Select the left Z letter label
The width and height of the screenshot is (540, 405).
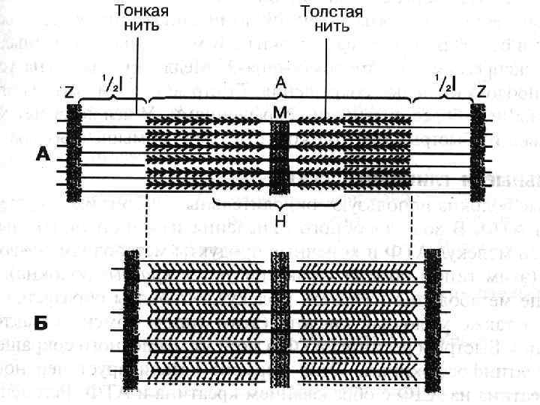pos(69,93)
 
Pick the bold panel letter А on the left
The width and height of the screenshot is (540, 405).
pos(43,154)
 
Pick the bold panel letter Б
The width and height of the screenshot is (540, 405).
pos(43,323)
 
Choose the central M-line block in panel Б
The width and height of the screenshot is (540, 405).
pos(280,319)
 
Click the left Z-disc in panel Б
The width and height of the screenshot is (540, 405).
pos(131,319)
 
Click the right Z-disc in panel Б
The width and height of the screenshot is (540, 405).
pos(433,319)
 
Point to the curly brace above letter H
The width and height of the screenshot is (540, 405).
pos(280,204)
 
